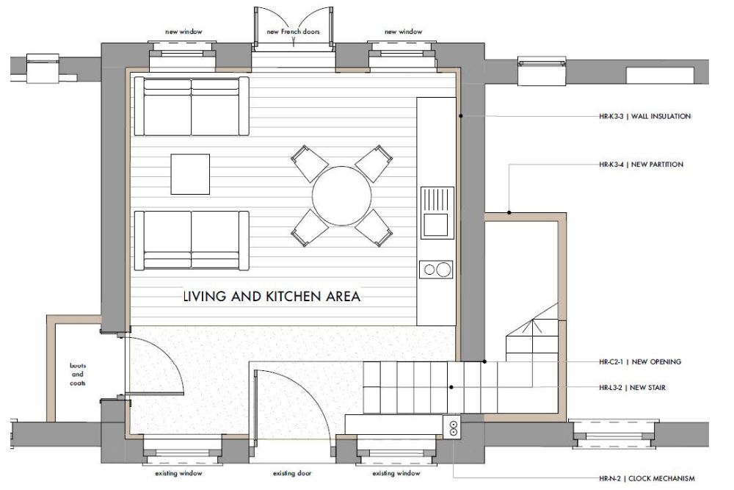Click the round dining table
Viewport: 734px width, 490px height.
[x=342, y=196]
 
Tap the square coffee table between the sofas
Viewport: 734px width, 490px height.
[x=190, y=174]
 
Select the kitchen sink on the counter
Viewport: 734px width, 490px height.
[x=437, y=213]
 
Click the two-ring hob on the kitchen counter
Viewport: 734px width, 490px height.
[x=436, y=270]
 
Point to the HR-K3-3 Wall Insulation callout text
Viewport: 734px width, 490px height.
[x=644, y=116]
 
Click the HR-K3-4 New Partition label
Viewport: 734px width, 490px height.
[x=641, y=165]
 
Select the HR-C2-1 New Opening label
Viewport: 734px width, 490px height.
[x=640, y=361]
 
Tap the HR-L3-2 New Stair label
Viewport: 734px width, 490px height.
[x=632, y=387]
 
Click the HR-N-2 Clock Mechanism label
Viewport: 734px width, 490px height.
[x=647, y=478]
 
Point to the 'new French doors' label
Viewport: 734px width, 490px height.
[x=293, y=32]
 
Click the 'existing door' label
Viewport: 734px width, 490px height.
[x=292, y=473]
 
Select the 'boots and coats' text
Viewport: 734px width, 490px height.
[x=78, y=374]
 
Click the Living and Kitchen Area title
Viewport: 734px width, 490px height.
[x=272, y=296]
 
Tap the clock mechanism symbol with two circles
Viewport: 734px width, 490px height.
[x=453, y=428]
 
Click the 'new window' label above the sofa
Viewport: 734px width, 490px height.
[x=183, y=32]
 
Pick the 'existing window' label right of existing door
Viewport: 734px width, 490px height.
[x=396, y=473]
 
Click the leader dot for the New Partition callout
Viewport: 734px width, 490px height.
[x=509, y=213]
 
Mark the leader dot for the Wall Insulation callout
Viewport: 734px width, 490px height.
[x=461, y=116]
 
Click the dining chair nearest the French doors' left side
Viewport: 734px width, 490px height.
[x=309, y=164]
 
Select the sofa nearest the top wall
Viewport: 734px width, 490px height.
[x=192, y=107]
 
